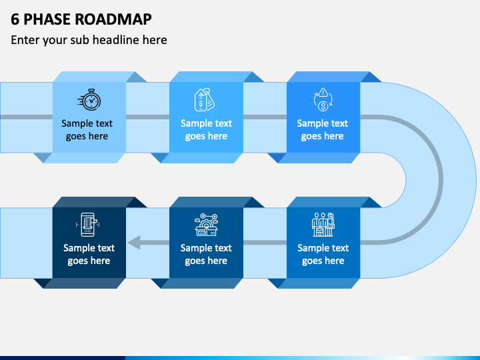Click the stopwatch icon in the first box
point(89,99)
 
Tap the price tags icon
point(205,100)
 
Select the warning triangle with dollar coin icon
point(323,99)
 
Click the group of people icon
point(323,225)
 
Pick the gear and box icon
point(206,225)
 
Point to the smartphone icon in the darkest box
point(88,225)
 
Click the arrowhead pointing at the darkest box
point(134,243)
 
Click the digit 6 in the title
point(15,19)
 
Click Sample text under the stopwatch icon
point(87,123)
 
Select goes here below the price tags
point(206,136)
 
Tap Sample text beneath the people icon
point(323,247)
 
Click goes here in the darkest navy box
point(89,261)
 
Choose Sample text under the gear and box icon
point(206,247)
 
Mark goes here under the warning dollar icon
point(323,136)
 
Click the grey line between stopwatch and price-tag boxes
point(147,117)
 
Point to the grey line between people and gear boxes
point(265,243)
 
